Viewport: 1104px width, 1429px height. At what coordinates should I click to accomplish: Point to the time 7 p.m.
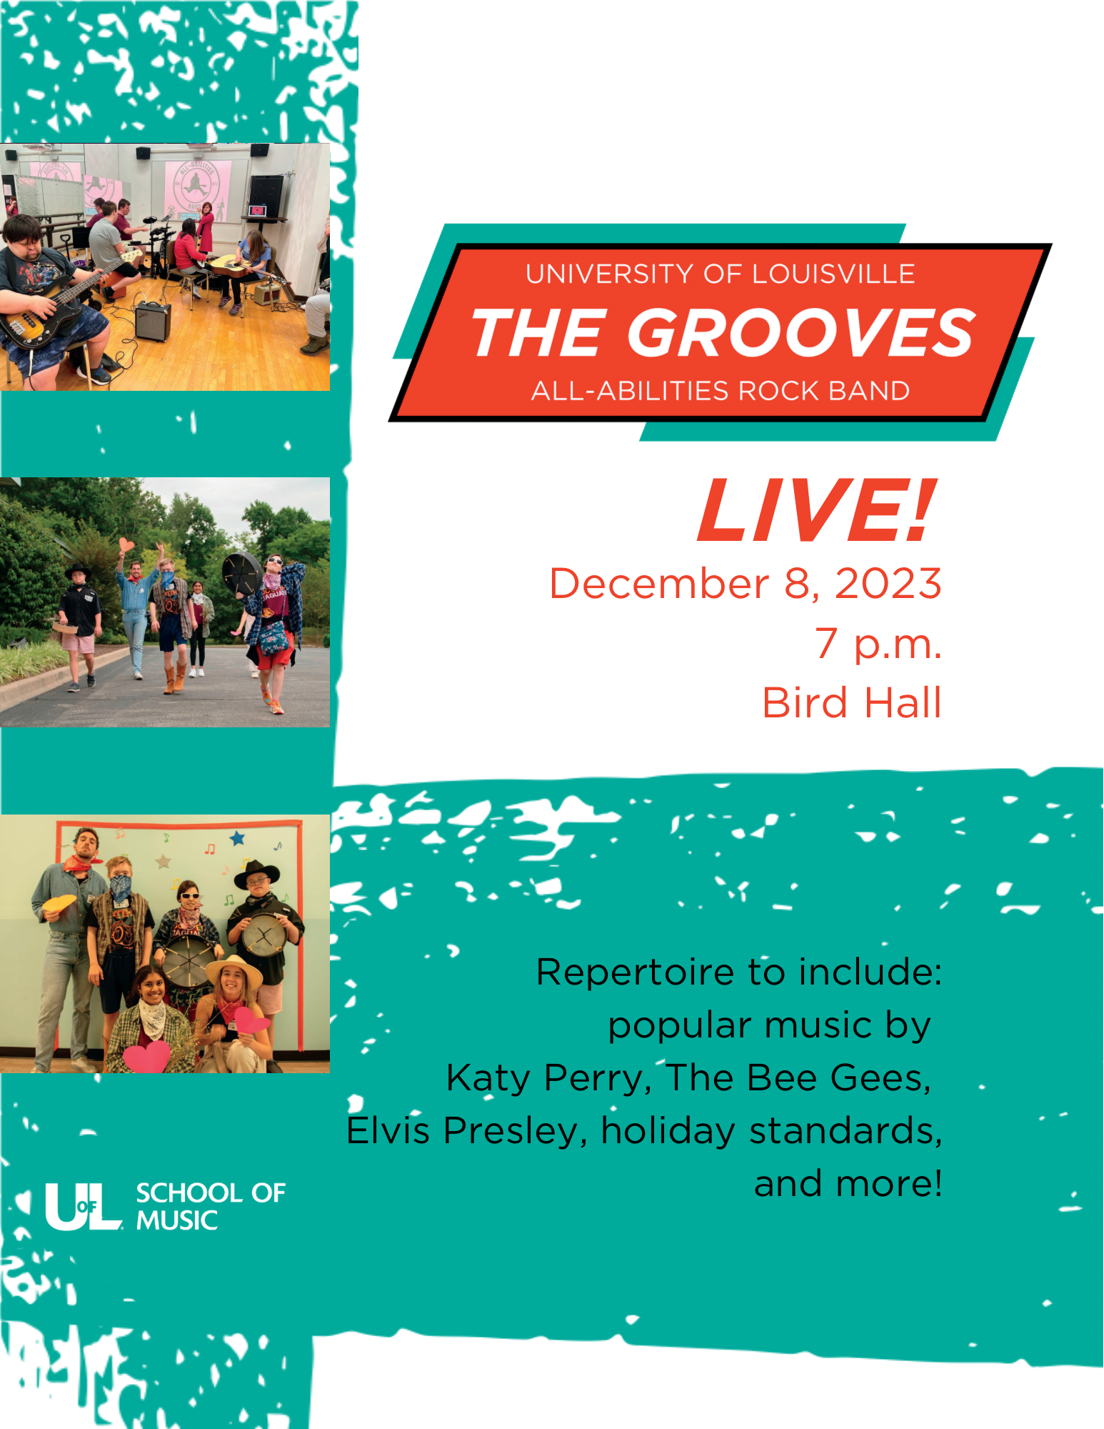878,643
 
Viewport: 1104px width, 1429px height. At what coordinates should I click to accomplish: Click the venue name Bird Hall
852,702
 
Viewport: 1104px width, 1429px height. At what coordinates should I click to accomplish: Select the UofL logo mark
83,1207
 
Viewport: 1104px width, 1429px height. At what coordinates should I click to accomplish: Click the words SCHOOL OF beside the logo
211,1193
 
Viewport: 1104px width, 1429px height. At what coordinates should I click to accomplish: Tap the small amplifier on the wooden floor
154,321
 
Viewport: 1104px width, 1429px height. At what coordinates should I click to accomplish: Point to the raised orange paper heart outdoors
126,545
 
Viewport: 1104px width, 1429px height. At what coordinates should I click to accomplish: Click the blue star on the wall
237,837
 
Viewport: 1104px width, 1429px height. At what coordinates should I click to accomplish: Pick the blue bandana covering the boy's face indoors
121,888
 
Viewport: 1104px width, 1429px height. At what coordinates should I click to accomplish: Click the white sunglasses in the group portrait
190,895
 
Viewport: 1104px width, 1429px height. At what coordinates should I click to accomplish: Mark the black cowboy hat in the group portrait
257,872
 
